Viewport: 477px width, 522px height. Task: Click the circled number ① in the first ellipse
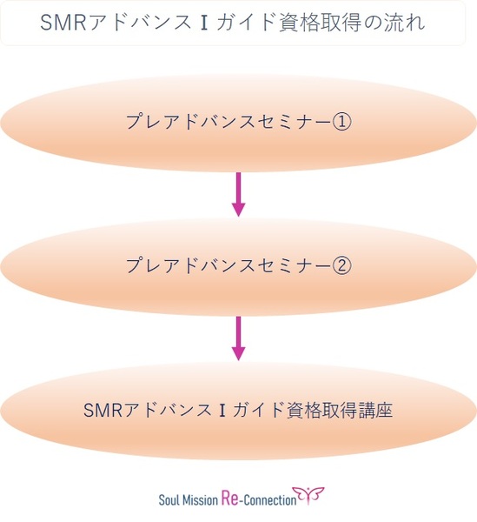pos(341,122)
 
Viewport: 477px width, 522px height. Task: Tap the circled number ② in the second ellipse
pos(341,265)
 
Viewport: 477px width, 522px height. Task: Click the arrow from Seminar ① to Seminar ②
pos(238,194)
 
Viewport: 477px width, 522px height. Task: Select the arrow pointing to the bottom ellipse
pos(238,338)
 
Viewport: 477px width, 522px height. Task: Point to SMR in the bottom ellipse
pos(103,410)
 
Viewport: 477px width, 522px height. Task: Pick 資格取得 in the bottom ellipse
pos(321,410)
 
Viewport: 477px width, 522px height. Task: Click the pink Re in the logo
pos(229,499)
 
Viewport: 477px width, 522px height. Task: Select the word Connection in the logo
pos(270,500)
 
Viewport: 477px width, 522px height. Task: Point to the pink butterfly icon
pos(308,495)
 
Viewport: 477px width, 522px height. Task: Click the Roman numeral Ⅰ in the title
pos(204,23)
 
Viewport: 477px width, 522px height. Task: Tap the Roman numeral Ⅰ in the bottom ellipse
pos(222,410)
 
